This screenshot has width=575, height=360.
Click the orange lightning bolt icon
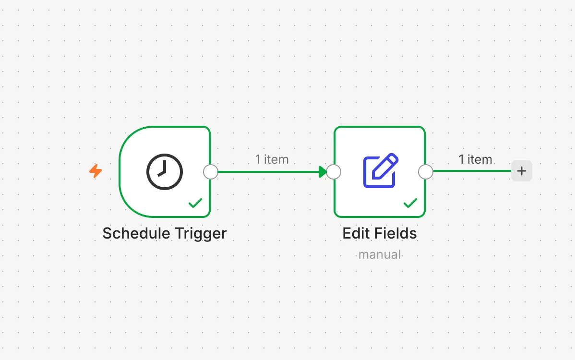coord(96,171)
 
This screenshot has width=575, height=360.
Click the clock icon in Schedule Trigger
coord(165,171)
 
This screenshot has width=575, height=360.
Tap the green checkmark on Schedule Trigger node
coord(195,203)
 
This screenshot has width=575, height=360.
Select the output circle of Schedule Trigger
coord(211,171)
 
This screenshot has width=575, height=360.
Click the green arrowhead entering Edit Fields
coord(323,171)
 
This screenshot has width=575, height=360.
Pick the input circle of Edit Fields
coord(334,171)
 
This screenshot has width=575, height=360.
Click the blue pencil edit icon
coord(381,170)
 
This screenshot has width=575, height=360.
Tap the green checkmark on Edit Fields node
coord(410,203)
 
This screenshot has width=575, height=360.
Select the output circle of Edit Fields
coord(426,171)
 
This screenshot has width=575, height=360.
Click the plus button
coord(521,171)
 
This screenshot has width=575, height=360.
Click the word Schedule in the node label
coord(136,233)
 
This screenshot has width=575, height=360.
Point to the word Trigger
coord(201,234)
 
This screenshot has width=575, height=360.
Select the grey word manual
coord(380,254)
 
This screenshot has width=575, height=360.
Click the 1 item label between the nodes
coord(272,159)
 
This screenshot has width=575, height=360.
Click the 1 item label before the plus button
coord(475,159)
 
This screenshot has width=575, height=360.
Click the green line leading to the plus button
coord(472,171)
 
